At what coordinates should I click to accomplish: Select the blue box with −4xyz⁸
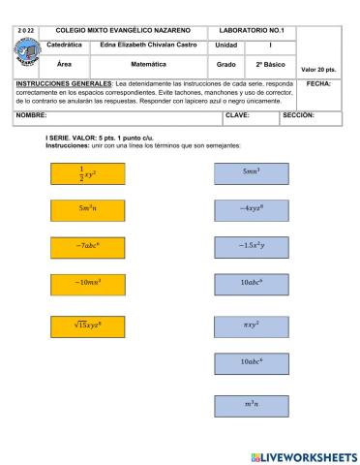(x=251, y=209)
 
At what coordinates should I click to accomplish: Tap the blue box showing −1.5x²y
(x=251, y=246)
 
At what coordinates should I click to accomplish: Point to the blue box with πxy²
(x=251, y=325)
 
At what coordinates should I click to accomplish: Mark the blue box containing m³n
(x=251, y=403)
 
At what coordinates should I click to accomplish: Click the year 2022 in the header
(x=26, y=32)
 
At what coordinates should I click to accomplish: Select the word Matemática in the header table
(x=148, y=63)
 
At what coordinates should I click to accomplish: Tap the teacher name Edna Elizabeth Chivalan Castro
(x=148, y=46)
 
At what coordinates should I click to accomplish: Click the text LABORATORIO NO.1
(x=251, y=32)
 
